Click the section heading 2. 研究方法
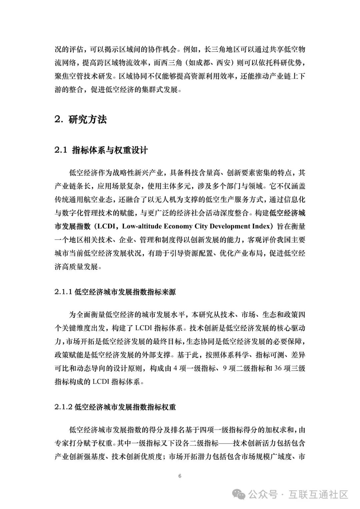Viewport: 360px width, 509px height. click(x=81, y=120)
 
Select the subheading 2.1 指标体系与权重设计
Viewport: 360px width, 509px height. click(x=101, y=150)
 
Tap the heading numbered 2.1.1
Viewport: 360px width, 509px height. click(x=115, y=292)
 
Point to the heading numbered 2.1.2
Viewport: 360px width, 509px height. click(x=115, y=407)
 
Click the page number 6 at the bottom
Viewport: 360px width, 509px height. click(x=180, y=476)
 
